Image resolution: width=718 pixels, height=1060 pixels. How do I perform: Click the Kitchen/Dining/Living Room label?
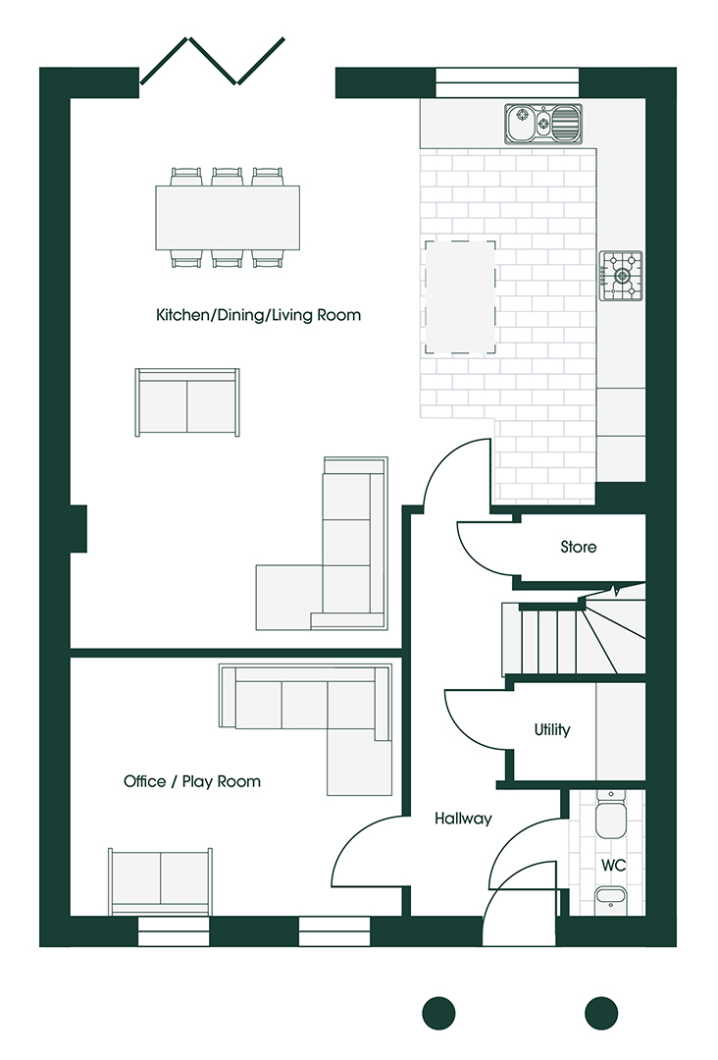pos(258,315)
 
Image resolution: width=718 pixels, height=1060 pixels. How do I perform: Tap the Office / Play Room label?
pos(192,781)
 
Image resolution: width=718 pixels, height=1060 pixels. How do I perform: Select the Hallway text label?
pos(463,819)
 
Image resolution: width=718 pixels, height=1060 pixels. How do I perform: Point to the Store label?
pos(578,547)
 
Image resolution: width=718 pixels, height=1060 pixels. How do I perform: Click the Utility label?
pos(552,729)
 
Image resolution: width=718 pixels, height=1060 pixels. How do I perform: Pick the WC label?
pos(613,866)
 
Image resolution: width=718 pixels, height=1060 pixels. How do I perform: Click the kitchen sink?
pos(543,124)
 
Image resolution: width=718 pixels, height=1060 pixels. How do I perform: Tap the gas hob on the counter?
pos(621,276)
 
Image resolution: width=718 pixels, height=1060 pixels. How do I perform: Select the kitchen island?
pos(460,296)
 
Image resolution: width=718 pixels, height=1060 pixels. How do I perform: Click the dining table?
pos(228,218)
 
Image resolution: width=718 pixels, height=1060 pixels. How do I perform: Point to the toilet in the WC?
pos(612,814)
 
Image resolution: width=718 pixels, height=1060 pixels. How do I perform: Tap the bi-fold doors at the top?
pos(212,61)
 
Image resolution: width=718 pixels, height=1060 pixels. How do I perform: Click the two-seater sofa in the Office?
pos(161,881)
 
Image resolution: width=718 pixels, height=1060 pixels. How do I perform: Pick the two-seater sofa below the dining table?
pos(187,403)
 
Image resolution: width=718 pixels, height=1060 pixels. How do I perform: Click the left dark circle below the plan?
pos(439,1013)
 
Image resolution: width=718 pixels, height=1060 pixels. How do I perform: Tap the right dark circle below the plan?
pos(601,1013)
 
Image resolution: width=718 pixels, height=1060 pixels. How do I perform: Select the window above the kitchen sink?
pos(507,82)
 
